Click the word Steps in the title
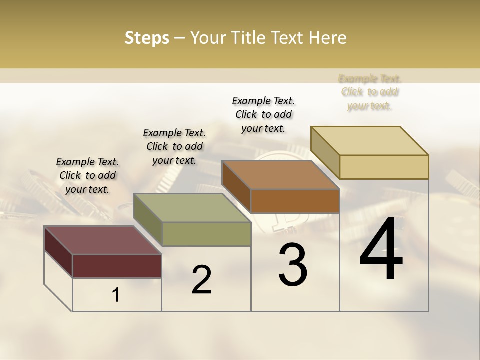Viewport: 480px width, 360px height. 147,38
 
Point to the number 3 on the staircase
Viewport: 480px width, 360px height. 293,265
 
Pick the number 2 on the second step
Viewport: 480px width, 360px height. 201,280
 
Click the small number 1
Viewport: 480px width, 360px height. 116,295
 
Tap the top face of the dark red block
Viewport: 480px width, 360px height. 102,240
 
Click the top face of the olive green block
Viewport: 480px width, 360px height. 192,208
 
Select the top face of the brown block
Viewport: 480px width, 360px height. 280,175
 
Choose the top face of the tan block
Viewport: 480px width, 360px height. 369,141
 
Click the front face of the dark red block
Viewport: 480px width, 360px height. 117,266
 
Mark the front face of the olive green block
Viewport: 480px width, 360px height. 206,234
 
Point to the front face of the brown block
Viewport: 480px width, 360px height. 295,201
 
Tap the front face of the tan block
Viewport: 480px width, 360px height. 384,167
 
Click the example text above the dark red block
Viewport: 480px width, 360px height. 87,175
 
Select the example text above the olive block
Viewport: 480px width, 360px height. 174,146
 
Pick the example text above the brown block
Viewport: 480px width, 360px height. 263,114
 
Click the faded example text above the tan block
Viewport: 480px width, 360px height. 370,92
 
